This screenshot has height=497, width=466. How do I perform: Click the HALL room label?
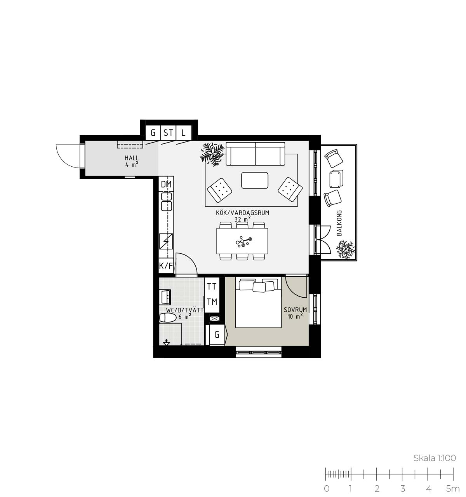tap(132, 158)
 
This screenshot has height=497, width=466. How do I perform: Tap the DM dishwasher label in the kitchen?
tap(166, 185)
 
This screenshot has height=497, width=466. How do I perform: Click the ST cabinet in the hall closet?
tap(168, 133)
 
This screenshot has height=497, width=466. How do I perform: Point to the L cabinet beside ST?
tap(184, 133)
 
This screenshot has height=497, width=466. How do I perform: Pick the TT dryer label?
tap(212, 287)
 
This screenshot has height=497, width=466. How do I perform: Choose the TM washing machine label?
tap(212, 302)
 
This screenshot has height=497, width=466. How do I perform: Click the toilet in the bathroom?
tap(167, 318)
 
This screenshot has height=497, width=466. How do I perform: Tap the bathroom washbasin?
tap(165, 297)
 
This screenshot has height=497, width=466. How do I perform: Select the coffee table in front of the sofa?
tap(255, 180)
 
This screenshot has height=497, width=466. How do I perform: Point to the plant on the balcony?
tap(346, 249)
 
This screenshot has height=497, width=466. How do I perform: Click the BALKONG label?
tap(339, 223)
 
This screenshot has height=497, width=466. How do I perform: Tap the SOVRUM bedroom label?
tap(295, 310)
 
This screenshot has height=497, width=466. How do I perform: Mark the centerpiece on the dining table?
tap(244, 241)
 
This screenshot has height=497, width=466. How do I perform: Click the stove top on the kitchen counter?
tap(166, 241)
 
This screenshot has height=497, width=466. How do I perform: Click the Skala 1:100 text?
tap(435, 458)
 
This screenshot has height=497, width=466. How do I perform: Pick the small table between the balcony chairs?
tap(336, 179)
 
